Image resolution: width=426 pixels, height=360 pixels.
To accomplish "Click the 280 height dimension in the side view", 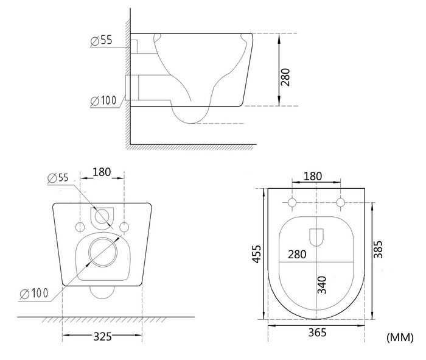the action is pos(285,77).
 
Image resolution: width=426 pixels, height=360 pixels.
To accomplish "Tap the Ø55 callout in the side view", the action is pos(102,40).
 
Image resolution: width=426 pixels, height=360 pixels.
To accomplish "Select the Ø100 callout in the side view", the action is pos(103,101).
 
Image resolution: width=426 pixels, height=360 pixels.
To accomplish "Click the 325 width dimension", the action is pos(102,337).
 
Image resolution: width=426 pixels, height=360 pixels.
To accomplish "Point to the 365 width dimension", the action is pos(317,332).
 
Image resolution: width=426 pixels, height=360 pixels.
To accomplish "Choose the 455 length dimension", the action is pos(257,254).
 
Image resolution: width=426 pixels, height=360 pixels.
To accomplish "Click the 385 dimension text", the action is pos(378,249).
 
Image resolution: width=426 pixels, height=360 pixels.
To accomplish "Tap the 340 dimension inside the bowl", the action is pos(322,284).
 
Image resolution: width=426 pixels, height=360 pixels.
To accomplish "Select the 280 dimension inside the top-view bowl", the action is pos(297,255).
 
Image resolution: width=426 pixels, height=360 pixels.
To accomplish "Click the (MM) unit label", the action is pos(400,337).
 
